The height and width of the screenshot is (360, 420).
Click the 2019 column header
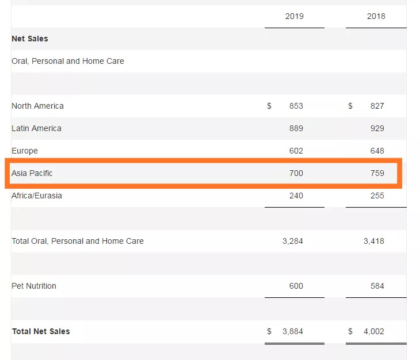click(x=295, y=16)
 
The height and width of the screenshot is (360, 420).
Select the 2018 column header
click(x=376, y=16)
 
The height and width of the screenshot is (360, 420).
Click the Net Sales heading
click(x=30, y=39)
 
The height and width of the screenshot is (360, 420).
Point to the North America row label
click(x=37, y=106)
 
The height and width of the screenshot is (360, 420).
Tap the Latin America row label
click(x=36, y=128)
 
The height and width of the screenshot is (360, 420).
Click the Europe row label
click(x=25, y=151)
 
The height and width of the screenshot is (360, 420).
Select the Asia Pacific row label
click(x=32, y=173)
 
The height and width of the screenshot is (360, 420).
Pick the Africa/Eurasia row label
click(x=37, y=196)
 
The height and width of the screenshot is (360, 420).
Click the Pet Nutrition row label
click(x=34, y=286)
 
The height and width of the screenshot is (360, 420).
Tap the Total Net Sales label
click(x=41, y=331)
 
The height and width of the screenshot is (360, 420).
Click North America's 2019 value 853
click(x=296, y=106)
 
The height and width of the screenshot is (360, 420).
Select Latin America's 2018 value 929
click(x=377, y=128)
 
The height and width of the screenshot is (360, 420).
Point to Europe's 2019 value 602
click(x=296, y=151)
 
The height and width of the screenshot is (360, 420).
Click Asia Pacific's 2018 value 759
click(x=377, y=173)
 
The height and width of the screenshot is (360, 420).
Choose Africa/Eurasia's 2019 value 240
click(x=296, y=196)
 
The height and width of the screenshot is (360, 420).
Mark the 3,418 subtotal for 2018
click(x=373, y=241)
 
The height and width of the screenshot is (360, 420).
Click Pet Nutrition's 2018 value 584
click(x=377, y=286)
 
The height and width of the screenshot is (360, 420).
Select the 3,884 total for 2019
click(x=292, y=331)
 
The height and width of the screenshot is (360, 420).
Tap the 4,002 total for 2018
click(x=373, y=331)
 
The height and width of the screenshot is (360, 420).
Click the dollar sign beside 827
click(x=350, y=106)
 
